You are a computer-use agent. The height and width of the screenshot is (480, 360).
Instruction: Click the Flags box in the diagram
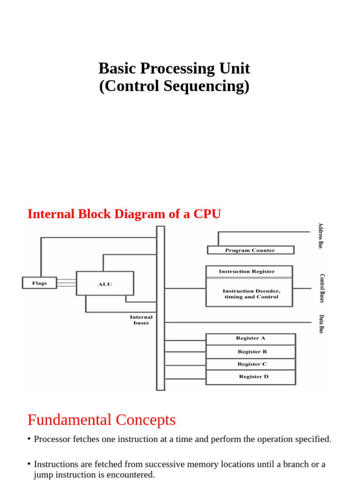tap(39, 283)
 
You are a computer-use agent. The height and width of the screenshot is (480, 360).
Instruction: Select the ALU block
tap(105, 284)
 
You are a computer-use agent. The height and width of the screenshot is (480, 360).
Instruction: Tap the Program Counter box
tap(250, 250)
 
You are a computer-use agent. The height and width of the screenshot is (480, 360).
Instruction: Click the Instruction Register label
tap(247, 271)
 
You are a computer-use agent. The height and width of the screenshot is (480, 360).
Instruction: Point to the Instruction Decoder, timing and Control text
tap(251, 294)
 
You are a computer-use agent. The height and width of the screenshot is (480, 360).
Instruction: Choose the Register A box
tap(251, 338)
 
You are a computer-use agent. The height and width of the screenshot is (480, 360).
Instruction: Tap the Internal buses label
tap(141, 320)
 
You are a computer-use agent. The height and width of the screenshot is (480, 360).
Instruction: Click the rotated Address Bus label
tap(321, 236)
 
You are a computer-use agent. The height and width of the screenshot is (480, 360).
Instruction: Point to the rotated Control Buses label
tap(322, 288)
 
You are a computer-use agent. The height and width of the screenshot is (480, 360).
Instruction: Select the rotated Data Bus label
tap(322, 324)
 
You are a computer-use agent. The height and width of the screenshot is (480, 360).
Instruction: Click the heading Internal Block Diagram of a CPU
tap(124, 214)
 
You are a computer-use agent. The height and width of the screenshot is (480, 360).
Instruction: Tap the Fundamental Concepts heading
tap(101, 420)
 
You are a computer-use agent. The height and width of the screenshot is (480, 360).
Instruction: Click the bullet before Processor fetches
tap(29, 439)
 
